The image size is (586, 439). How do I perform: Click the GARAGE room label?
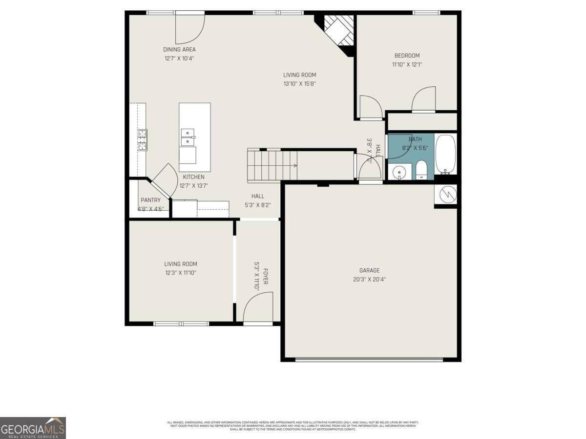pos(369,271)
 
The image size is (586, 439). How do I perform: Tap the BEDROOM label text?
pos(407,56)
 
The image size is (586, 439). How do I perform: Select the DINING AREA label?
pos(179,50)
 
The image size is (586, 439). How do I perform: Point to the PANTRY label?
pos(150,200)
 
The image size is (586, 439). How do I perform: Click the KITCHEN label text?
pos(194,177)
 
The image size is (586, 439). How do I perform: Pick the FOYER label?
pos(266,277)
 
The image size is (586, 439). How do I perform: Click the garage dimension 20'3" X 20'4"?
pos(369,279)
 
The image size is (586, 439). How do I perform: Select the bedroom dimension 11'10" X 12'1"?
pos(407,64)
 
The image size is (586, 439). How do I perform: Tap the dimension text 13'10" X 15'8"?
pos(299,84)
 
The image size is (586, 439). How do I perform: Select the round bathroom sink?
pos(399,172)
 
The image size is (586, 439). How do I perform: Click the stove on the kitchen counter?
pos(142,140)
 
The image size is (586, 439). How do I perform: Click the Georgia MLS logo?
pos(33,428)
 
